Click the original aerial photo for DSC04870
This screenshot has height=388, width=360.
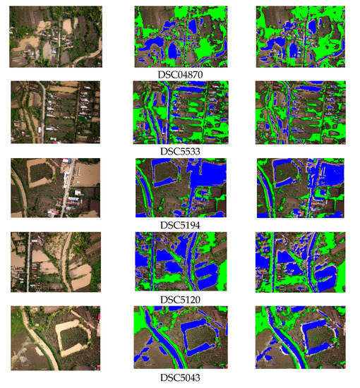pyautogui.click(x=56, y=37)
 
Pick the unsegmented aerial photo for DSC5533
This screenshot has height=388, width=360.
pyautogui.click(x=56, y=112)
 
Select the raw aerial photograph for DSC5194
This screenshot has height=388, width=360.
pyautogui.click(x=56, y=188)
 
